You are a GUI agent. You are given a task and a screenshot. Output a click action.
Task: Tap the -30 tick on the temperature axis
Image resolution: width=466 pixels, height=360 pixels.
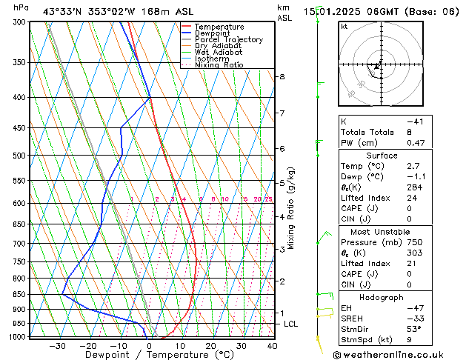pyautogui.click(x=57, y=345)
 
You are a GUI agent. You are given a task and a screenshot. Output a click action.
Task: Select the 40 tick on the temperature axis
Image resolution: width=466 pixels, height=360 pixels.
pyautogui.click(x=272, y=345)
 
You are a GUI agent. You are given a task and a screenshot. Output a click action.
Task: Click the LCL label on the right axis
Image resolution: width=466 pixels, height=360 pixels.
pyautogui.click(x=291, y=324)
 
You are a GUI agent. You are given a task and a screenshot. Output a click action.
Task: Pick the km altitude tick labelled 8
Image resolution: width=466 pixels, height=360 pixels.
pyautogui.click(x=282, y=77)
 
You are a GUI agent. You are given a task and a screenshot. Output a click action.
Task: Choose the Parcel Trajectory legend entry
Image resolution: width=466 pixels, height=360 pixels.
pyautogui.click(x=228, y=40)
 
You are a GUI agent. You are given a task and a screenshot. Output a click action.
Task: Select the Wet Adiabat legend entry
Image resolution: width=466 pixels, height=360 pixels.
pyautogui.click(x=219, y=53)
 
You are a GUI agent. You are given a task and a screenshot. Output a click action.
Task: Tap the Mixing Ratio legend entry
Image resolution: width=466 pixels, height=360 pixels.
pyautogui.click(x=219, y=65)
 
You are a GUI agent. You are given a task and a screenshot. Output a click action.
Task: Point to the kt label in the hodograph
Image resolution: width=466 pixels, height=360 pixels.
pyautogui.click(x=344, y=27)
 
